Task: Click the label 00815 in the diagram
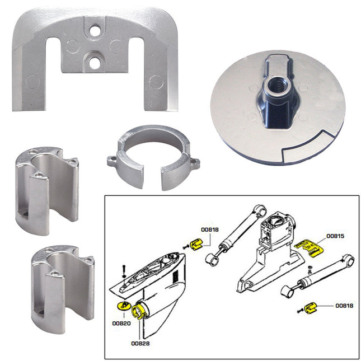click(x=336, y=236)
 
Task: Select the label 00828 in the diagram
click(x=140, y=343)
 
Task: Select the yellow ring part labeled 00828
click(x=142, y=311)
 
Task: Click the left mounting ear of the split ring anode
click(x=114, y=162)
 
